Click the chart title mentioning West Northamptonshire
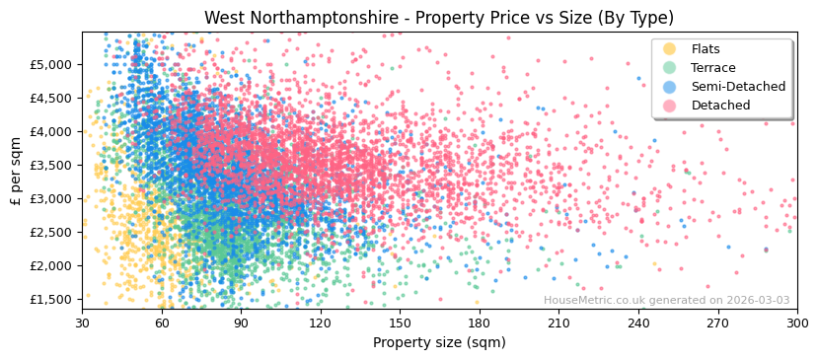(439, 18)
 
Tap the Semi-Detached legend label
(738, 87)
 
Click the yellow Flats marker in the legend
(669, 49)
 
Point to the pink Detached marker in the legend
(669, 106)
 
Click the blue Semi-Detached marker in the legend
(669, 87)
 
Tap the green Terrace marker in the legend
(669, 68)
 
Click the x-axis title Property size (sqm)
(439, 343)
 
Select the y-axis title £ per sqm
(16, 171)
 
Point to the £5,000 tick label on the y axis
(50, 64)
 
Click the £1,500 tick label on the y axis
(50, 299)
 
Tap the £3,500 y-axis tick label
(50, 165)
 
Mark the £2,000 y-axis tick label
(50, 265)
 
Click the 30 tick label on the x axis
(82, 323)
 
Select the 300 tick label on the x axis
(796, 323)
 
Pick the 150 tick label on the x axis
(400, 323)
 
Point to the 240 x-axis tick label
(637, 323)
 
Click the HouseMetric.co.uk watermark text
(666, 301)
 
